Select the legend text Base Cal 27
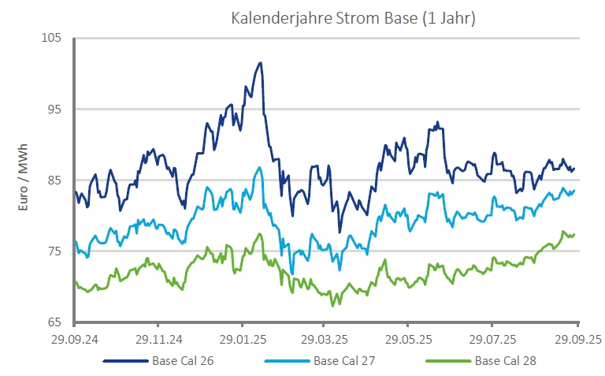(x=346, y=362)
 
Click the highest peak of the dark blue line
(x=260, y=63)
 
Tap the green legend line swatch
(x=449, y=362)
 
